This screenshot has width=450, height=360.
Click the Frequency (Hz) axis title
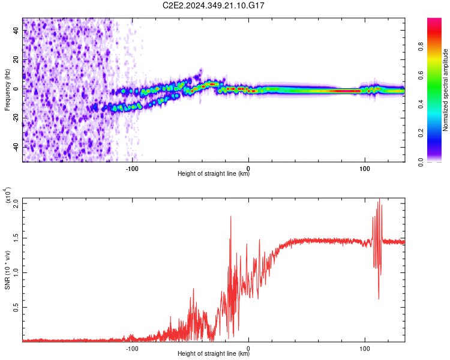coord(7,90)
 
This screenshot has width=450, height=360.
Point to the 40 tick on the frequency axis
coord(16,31)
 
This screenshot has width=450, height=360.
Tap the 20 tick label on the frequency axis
coord(16,60)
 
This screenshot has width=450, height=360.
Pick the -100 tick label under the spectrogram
coord(132,167)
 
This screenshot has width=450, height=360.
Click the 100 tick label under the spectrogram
coord(364,167)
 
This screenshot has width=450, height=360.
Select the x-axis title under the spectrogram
coord(214,174)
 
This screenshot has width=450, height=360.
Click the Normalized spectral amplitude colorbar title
coord(446,90)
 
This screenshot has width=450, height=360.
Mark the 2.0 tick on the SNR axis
coord(16,202)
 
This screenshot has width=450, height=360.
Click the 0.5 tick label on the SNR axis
coord(16,307)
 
